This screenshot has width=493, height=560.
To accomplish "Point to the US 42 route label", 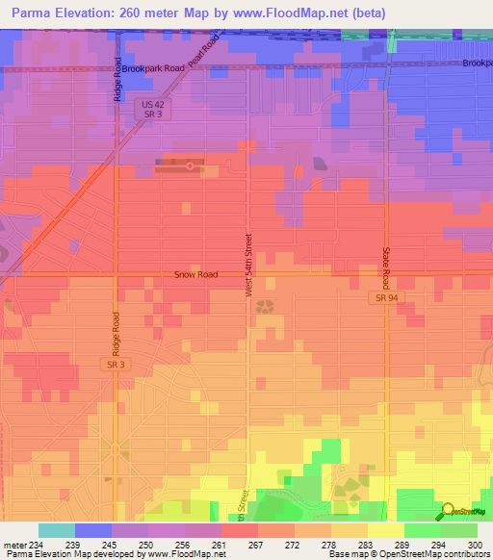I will [x=146, y=103].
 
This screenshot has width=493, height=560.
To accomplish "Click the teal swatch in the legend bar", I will [x=57, y=530].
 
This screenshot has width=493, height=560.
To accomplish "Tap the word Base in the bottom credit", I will [x=340, y=554].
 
